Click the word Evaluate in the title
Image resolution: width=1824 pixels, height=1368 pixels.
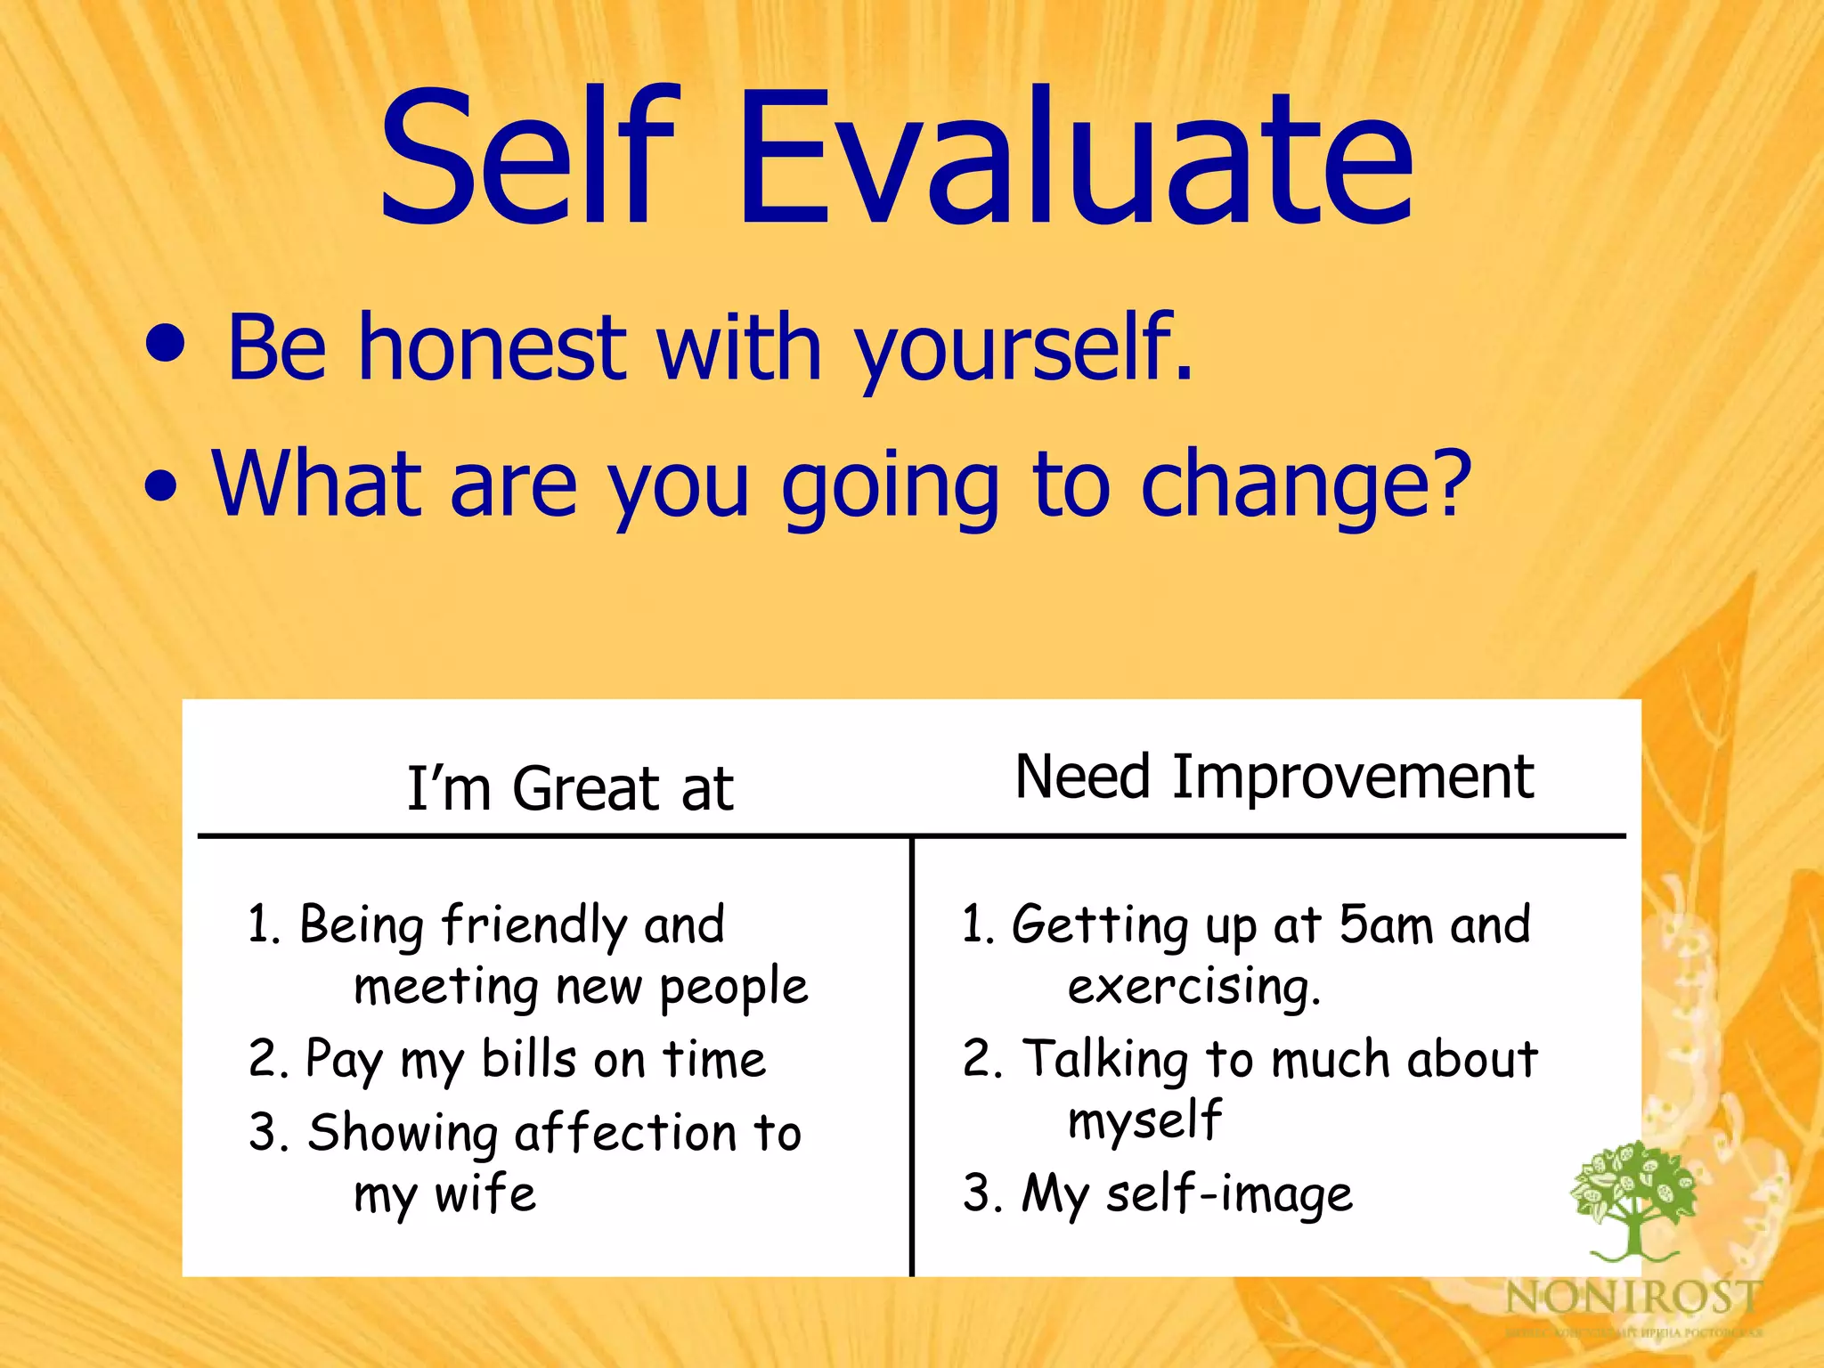click(x=1075, y=158)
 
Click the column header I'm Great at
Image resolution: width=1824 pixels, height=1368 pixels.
click(x=570, y=789)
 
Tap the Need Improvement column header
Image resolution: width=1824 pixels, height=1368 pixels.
click(x=1274, y=777)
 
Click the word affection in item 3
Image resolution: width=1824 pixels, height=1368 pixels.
click(x=626, y=1133)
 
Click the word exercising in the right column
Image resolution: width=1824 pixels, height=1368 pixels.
click(x=1193, y=987)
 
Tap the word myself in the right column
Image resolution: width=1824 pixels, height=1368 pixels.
click(x=1144, y=1120)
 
